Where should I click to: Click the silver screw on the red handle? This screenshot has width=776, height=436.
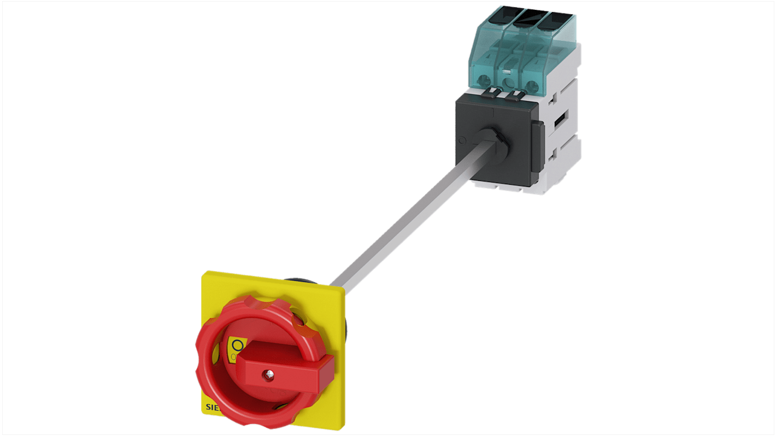click(x=268, y=374)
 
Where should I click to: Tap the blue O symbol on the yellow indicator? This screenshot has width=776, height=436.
click(x=237, y=345)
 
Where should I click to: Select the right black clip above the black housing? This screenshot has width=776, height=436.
click(x=514, y=97)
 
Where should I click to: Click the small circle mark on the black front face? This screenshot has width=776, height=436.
click(x=462, y=140)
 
